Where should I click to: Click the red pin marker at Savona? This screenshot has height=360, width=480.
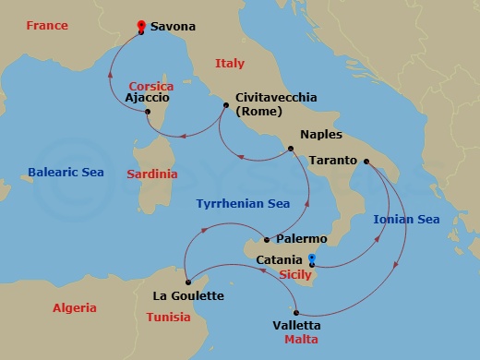140,25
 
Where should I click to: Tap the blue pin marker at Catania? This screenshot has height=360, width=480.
312,258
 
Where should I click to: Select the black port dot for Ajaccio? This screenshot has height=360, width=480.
148,113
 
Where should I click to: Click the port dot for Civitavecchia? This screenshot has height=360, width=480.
225,105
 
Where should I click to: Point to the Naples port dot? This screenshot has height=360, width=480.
290,148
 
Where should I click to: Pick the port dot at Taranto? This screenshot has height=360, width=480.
366,162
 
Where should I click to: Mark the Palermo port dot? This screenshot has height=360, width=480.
267,240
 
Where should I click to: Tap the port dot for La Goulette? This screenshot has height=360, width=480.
186,282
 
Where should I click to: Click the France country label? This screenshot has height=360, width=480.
48,27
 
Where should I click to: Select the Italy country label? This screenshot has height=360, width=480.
230,64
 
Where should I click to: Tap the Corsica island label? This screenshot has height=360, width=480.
151,86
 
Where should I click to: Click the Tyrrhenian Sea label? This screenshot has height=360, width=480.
243,204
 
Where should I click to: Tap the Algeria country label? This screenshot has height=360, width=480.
75,308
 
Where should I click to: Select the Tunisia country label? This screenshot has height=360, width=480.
168,317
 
